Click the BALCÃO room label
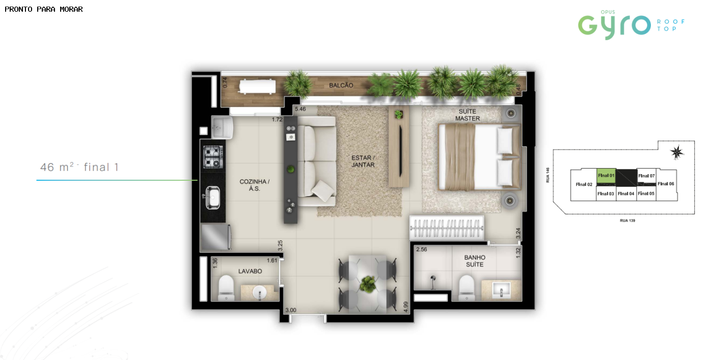coord(341,86)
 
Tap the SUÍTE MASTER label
coord(468,115)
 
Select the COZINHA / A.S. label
coord(254,185)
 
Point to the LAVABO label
coord(250,271)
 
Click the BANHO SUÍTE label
coord(475,261)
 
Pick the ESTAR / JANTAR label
coord(363,161)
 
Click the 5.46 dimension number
coord(300,109)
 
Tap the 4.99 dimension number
coord(405,307)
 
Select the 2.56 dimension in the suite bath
coord(422,249)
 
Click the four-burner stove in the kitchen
coord(213,157)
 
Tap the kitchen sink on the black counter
coord(212,198)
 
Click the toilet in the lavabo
coord(226,287)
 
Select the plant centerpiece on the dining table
coord(368,284)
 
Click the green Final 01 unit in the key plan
coord(606,176)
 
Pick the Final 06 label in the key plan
coord(666,184)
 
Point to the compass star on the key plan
coord(676,152)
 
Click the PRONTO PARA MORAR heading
coord(44,9)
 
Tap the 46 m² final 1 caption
coord(79,167)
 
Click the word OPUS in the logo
coord(608,12)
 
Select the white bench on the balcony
coord(257,87)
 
